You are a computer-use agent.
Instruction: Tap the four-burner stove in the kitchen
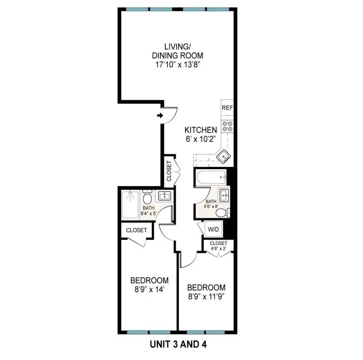[x=227, y=126]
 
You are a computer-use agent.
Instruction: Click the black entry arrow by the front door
[x=160, y=115]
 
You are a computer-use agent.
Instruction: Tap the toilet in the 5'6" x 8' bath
[x=222, y=213]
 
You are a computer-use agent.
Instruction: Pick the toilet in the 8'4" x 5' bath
[x=148, y=198]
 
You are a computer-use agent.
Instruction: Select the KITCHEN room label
[x=200, y=130]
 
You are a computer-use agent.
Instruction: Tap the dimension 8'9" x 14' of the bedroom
[x=150, y=289]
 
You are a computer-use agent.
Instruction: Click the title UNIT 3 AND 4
[x=177, y=345]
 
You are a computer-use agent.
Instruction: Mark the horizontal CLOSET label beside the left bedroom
[x=137, y=230]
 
